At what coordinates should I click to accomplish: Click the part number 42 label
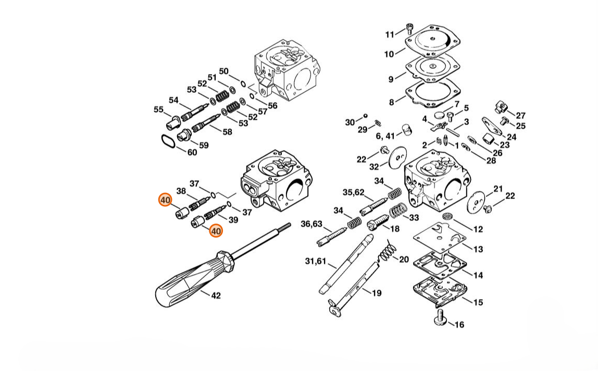coord(216,295)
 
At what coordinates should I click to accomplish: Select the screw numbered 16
coord(441,317)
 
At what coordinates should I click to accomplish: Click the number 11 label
coord(390,35)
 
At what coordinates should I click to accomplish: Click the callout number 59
coord(204,145)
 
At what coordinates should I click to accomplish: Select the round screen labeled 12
coord(448,216)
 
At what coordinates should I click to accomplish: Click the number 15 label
coord(478,302)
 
